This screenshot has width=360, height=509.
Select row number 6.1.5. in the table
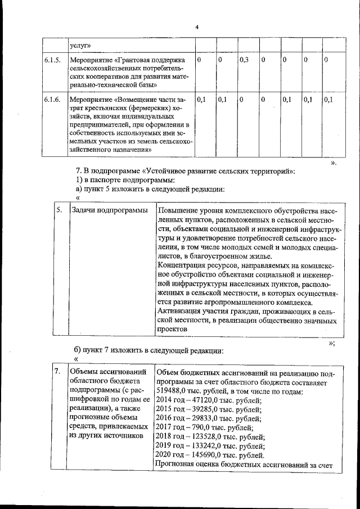click(x=52, y=60)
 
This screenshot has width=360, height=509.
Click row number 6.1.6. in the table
click(x=52, y=100)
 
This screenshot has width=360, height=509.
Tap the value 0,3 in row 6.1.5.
click(x=244, y=59)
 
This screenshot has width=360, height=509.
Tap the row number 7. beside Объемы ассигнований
click(x=57, y=372)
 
